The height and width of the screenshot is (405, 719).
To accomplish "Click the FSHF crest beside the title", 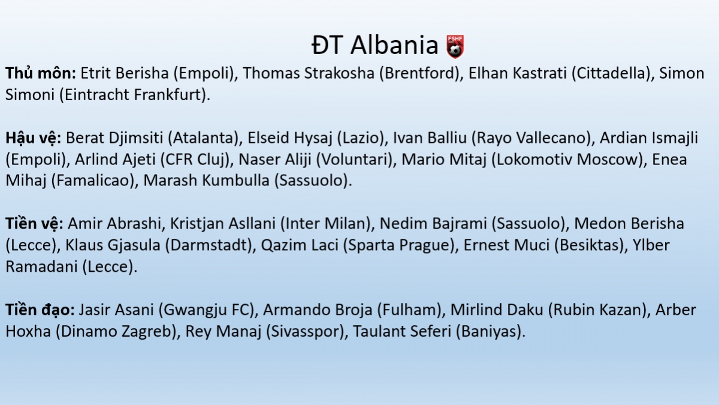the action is [x=455, y=47].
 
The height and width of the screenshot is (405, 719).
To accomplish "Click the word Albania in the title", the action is [x=394, y=45].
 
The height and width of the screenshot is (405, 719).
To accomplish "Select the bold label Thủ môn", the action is [x=41, y=73].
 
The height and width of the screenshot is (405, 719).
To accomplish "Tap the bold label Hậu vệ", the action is [x=34, y=138].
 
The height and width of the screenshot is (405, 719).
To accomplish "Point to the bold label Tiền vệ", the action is [x=34, y=224].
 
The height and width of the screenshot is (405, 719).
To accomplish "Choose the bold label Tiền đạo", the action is [x=40, y=310].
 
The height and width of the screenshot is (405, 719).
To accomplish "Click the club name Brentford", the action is [x=419, y=73].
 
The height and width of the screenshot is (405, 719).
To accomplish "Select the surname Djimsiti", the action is [x=136, y=139].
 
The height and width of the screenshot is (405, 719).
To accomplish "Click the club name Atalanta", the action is [x=203, y=138].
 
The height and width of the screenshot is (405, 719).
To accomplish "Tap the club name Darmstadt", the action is [x=210, y=245].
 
